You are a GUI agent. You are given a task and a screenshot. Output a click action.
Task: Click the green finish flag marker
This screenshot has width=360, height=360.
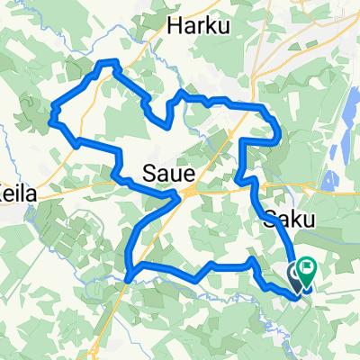307,268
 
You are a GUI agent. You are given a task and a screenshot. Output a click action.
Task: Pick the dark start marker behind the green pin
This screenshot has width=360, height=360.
296,273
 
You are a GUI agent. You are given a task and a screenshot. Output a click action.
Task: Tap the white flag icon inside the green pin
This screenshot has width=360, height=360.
307,266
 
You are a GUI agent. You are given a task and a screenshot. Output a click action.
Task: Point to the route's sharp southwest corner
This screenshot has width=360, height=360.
129,276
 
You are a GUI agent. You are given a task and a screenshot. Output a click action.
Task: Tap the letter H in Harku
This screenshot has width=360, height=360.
172,26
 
